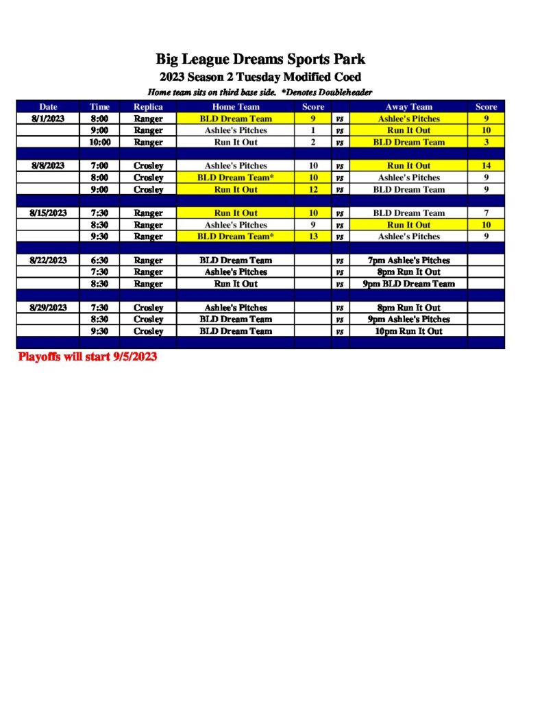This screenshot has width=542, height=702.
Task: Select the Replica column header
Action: pyautogui.click(x=148, y=107)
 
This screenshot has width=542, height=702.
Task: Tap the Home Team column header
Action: pyautogui.click(x=236, y=107)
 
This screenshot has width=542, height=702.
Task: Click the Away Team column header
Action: pyautogui.click(x=408, y=107)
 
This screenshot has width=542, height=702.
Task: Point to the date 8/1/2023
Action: pyautogui.click(x=48, y=119)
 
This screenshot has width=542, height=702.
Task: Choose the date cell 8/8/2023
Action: pyautogui.click(x=48, y=166)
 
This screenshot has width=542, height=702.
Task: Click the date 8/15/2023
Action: pyautogui.click(x=48, y=213)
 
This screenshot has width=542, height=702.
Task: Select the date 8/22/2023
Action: pyautogui.click(x=48, y=261)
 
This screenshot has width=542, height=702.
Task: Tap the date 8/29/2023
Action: pyautogui.click(x=48, y=308)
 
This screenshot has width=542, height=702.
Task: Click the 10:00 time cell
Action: pyautogui.click(x=100, y=143)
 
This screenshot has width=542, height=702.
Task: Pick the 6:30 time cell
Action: pyautogui.click(x=100, y=261)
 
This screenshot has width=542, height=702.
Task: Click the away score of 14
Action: pyautogui.click(x=486, y=166)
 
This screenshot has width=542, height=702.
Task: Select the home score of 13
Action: pyautogui.click(x=313, y=237)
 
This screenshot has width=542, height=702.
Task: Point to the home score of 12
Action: pyautogui.click(x=313, y=190)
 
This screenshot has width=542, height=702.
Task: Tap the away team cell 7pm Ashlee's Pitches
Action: pyautogui.click(x=408, y=261)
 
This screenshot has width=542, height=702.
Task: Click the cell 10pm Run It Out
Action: pyautogui.click(x=408, y=331)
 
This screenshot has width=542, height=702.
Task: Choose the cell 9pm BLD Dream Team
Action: pyautogui.click(x=408, y=284)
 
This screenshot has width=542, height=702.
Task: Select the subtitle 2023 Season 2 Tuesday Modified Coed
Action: pyautogui.click(x=260, y=77)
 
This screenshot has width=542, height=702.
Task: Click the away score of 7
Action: pyautogui.click(x=486, y=213)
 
